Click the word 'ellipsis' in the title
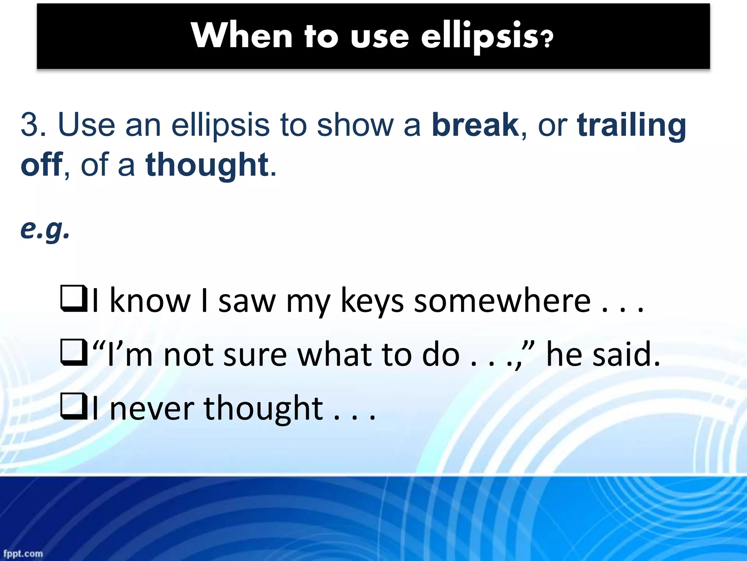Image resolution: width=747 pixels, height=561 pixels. point(479,36)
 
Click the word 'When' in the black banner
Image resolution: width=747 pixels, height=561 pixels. point(241,36)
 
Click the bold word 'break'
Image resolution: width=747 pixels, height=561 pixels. point(475,125)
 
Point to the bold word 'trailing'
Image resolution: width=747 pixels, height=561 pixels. point(631,125)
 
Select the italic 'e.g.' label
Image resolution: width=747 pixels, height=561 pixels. point(45,229)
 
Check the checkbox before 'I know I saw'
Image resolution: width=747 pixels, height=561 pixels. point(73,299)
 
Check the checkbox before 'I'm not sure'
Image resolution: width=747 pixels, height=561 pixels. point(73,353)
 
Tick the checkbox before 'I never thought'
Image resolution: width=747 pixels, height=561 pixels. point(73,406)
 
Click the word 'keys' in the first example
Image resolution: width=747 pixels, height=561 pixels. point(372,302)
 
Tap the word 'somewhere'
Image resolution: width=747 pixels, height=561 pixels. point(502,302)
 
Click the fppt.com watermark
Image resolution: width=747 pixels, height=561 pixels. point(23,553)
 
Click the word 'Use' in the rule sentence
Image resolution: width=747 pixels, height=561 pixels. point(86,125)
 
